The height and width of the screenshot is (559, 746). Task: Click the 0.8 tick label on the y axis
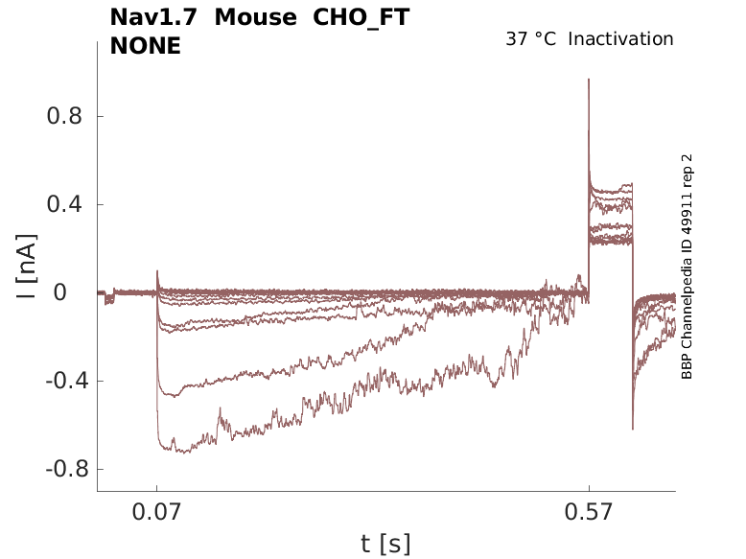click(x=64, y=116)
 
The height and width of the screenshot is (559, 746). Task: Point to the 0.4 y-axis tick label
click(x=64, y=204)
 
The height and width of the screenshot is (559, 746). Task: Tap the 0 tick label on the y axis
click(x=74, y=292)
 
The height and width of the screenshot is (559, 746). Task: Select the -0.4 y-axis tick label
click(x=60, y=381)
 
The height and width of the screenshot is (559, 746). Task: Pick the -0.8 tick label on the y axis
click(x=60, y=469)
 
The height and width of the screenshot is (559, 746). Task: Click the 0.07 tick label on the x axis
click(x=156, y=513)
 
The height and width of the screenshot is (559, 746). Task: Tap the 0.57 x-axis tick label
click(x=589, y=513)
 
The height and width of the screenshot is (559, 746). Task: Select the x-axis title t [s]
click(x=385, y=545)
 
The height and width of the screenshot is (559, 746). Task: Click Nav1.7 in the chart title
click(x=154, y=18)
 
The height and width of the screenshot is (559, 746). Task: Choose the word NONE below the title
click(x=146, y=45)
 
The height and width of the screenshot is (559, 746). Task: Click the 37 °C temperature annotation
click(x=530, y=39)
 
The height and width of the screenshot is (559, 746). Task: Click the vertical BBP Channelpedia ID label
click(x=687, y=267)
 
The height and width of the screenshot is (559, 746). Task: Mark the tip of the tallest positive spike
click(x=589, y=80)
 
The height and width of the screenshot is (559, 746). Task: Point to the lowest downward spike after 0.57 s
click(x=633, y=429)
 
